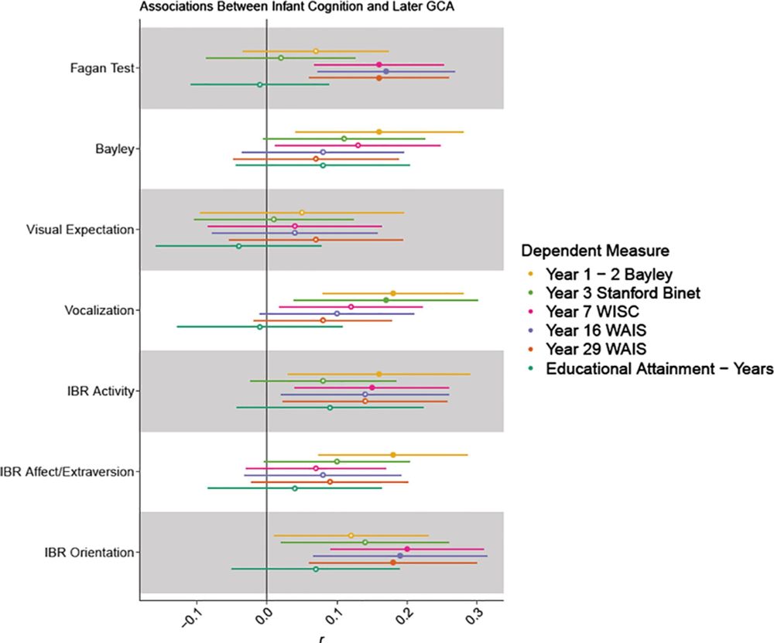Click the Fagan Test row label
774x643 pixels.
click(101, 68)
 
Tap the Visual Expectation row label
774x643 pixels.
click(80, 229)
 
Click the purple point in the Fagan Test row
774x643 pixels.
click(386, 71)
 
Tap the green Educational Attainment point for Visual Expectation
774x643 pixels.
click(238, 246)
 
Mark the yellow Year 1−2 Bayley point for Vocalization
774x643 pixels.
click(393, 293)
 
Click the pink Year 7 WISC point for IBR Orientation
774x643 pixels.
click(407, 549)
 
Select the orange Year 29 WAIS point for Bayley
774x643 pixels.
click(316, 159)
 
